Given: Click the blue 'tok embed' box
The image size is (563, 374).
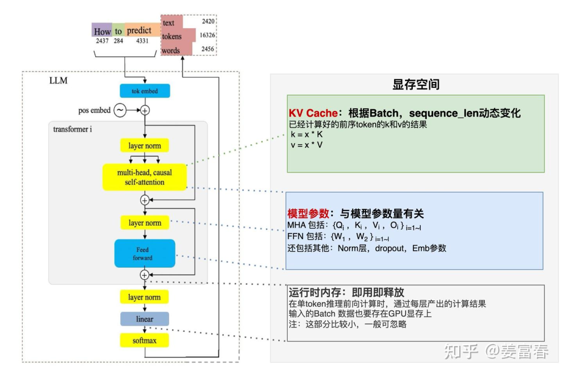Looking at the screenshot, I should [144, 91].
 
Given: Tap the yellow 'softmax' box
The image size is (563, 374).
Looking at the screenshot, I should [144, 341].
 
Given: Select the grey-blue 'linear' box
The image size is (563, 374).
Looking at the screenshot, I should [144, 319].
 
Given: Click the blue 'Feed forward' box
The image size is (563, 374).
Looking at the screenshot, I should [144, 254].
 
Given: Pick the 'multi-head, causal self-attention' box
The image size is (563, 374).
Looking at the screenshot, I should [144, 177].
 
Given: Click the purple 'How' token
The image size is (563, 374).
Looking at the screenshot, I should [102, 31].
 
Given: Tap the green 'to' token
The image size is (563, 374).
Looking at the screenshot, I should [118, 31].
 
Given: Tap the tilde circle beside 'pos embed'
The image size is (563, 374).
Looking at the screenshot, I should [120, 110].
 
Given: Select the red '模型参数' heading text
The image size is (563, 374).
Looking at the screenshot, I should [308, 214].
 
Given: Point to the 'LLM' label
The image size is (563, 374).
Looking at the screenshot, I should [58, 81].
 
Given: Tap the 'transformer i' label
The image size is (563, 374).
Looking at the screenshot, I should [73, 128].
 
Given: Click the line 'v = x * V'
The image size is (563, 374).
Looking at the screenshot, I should [307, 144].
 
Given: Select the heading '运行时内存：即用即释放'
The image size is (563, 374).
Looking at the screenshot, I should [346, 292].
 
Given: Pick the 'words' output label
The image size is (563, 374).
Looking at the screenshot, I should [171, 51].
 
